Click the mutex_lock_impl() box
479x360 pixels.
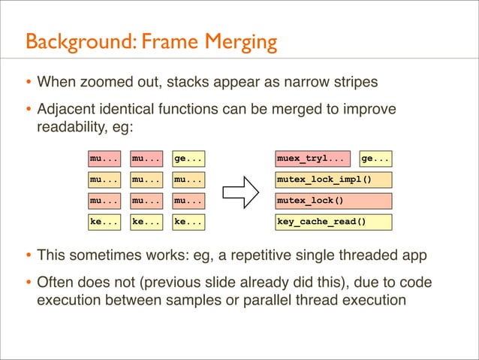click(x=334, y=180)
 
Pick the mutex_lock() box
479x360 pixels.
click(x=334, y=201)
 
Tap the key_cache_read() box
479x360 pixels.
click(x=334, y=222)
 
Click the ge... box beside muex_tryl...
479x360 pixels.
click(x=376, y=159)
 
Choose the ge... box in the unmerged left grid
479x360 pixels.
click(x=188, y=159)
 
